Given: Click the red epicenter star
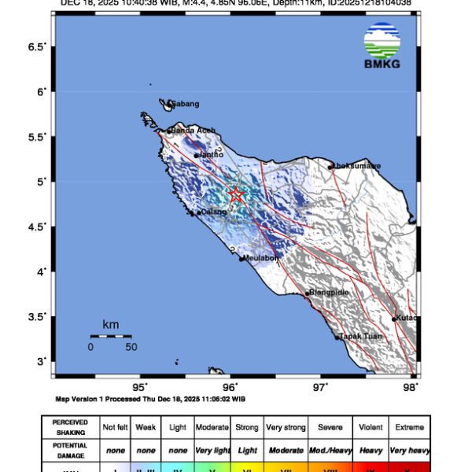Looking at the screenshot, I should point(236,194).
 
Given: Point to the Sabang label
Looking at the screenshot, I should point(186,104).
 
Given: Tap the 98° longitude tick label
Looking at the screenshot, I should point(410,387).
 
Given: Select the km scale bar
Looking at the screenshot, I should point(110,336).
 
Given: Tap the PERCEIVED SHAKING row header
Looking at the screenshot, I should point(70,427).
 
